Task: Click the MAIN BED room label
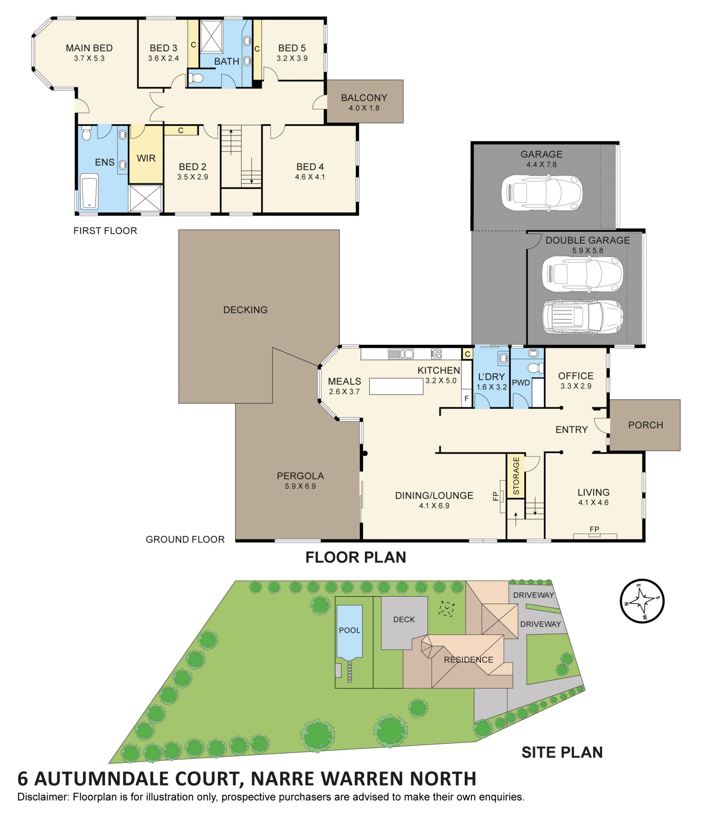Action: click(89, 48)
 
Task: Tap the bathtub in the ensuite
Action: click(89, 191)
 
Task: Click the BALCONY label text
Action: click(363, 98)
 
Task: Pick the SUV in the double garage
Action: click(582, 317)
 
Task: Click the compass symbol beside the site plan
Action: click(642, 601)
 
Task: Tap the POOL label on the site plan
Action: click(349, 630)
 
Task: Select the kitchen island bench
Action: click(396, 386)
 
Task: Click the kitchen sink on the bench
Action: click(400, 354)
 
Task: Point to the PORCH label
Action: click(645, 425)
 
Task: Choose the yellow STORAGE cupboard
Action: click(515, 476)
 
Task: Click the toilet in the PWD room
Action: click(535, 368)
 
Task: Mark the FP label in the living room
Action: click(594, 529)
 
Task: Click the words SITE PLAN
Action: click(562, 752)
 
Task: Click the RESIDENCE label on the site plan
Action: click(468, 660)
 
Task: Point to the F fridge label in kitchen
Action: click(467, 399)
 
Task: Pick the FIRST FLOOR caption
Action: click(105, 231)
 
